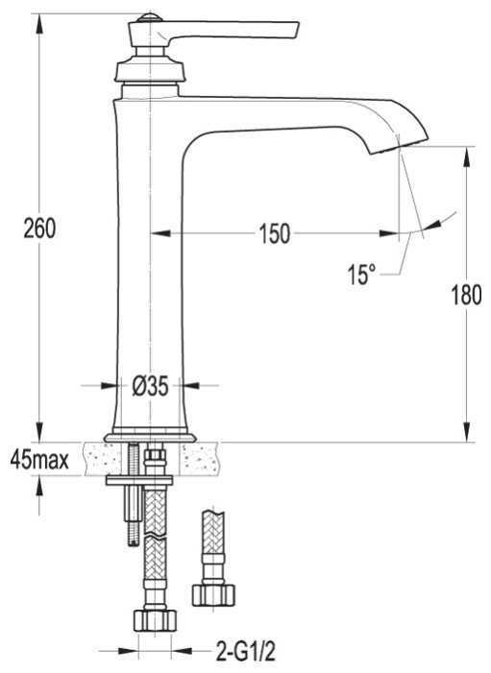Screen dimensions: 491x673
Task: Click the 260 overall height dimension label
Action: [39, 228]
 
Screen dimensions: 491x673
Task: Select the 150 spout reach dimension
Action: [275, 234]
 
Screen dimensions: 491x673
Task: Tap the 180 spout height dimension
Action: [467, 295]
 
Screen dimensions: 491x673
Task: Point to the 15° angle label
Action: [361, 275]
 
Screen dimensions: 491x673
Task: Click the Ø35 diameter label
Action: [150, 386]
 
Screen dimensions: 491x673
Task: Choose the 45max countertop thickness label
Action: [39, 461]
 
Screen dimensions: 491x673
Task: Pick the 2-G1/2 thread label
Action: [245, 653]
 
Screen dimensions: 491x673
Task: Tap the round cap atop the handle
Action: [149, 18]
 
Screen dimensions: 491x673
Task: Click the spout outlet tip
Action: [399, 146]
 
